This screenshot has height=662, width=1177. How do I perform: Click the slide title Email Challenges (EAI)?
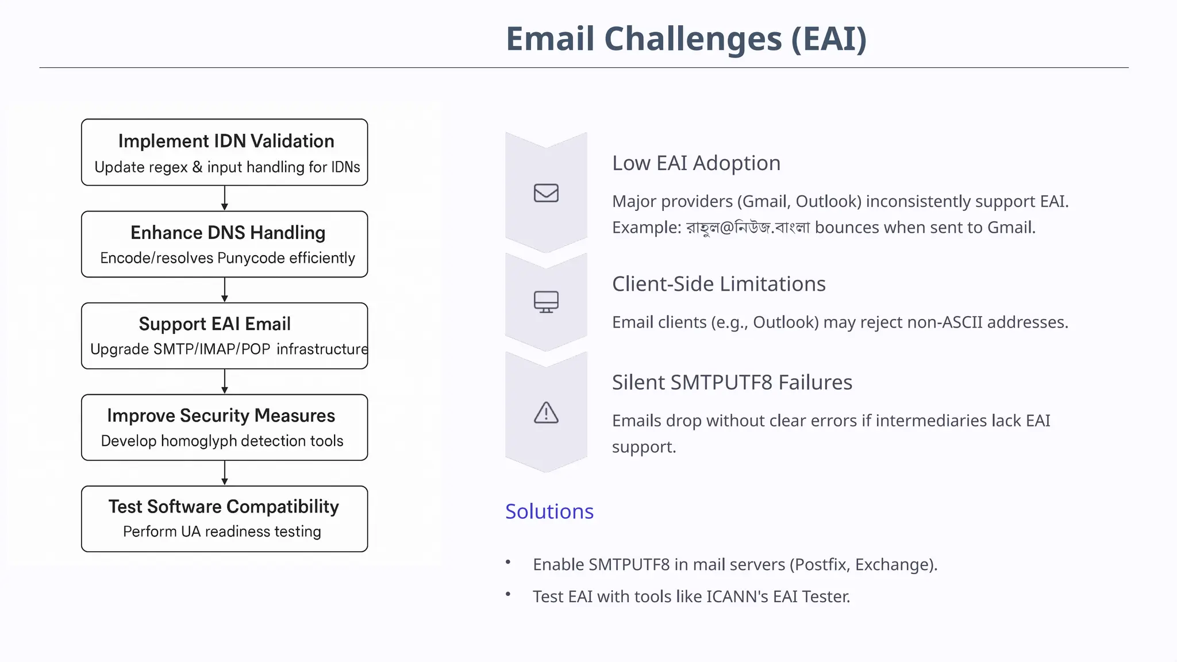tap(686, 39)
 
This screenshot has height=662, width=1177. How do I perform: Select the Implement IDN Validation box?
tap(225, 152)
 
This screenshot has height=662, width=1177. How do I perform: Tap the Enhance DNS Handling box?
tap(225, 244)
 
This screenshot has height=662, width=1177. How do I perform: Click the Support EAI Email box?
tap(225, 336)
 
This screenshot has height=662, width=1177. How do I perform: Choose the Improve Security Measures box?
tap(225, 427)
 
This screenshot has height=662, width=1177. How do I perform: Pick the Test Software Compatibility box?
tap(225, 519)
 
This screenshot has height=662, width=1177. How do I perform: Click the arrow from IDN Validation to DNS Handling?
tap(225, 198)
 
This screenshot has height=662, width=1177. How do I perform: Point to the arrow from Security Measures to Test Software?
tap(225, 473)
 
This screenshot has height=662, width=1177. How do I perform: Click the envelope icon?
tap(546, 193)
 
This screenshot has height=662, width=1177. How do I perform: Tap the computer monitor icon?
tap(546, 302)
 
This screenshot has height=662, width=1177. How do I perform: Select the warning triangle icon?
tap(546, 413)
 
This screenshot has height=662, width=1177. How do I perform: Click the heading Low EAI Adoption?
tap(696, 163)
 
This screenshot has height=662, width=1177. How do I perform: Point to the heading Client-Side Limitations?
tap(718, 284)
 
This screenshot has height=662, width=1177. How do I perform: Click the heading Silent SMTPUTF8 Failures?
tap(732, 382)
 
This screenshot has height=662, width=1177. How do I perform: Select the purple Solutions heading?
tap(549, 511)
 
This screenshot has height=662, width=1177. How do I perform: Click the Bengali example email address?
tap(748, 228)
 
